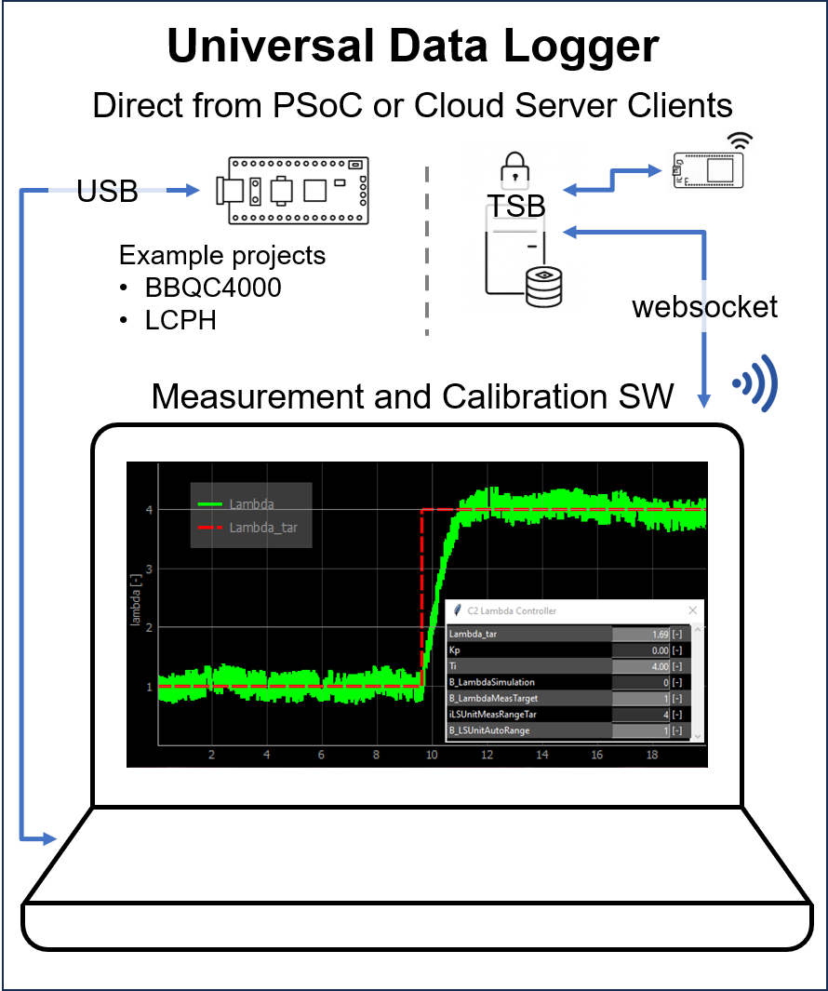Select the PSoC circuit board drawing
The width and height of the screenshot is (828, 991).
click(x=292, y=190)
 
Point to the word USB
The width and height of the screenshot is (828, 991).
click(x=107, y=192)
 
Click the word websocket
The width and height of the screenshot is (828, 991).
click(x=705, y=307)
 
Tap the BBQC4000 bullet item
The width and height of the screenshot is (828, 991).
click(x=213, y=288)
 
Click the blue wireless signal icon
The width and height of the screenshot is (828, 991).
click(x=755, y=382)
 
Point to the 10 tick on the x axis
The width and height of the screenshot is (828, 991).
click(x=432, y=756)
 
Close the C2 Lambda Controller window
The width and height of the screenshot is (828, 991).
click(x=692, y=610)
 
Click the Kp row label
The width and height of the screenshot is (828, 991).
click(x=455, y=650)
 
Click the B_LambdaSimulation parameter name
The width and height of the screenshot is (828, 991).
click(x=492, y=682)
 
